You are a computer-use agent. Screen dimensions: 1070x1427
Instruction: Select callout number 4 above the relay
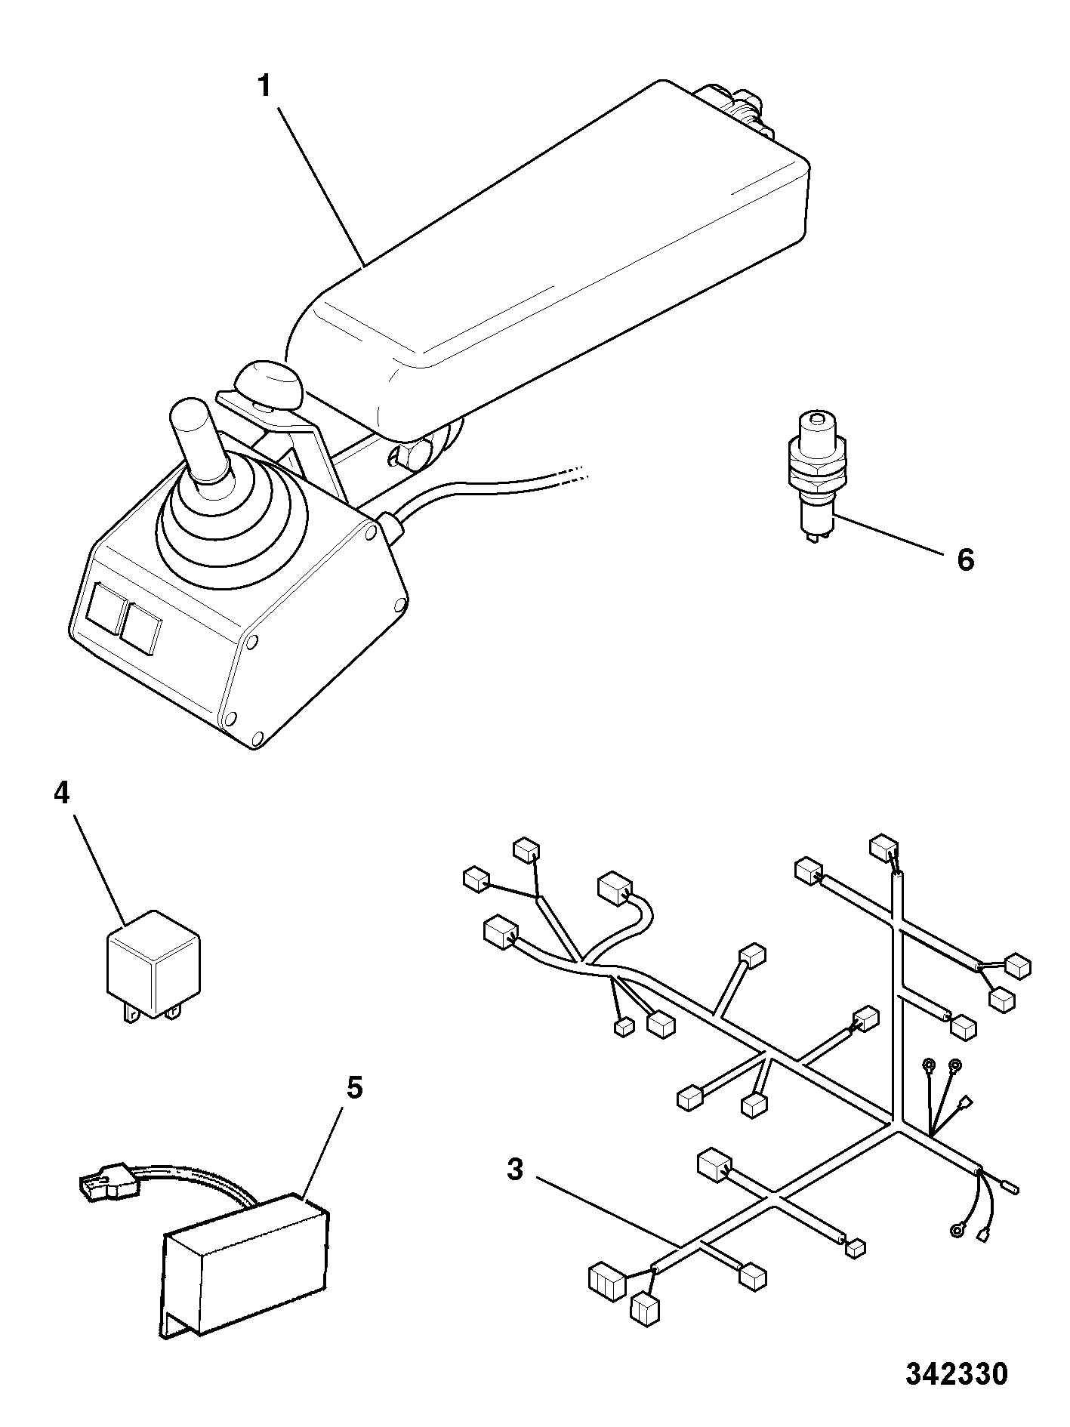[x=61, y=793]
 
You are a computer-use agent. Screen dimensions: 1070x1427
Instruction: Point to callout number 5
[x=354, y=1089]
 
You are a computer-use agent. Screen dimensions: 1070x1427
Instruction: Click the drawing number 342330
[x=957, y=1373]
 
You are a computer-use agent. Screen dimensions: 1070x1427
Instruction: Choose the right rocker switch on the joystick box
[x=141, y=627]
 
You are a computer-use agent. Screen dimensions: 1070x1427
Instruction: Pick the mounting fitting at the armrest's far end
[x=736, y=107]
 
